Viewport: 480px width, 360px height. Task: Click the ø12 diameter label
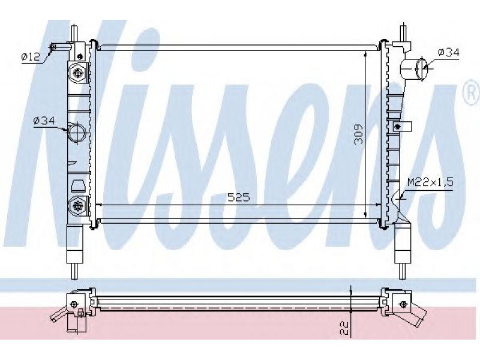tap(31, 56)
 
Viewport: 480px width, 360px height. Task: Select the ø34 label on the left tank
tap(44, 121)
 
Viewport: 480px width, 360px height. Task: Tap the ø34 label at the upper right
tap(449, 53)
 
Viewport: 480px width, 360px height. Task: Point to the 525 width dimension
tap(238, 197)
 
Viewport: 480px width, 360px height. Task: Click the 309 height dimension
tap(358, 134)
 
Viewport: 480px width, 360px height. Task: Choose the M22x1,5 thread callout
tap(430, 183)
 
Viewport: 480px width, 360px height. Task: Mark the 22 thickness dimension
tap(344, 328)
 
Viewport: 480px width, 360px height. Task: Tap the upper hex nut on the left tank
tap(78, 73)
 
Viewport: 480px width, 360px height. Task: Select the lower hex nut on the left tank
tap(77, 206)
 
